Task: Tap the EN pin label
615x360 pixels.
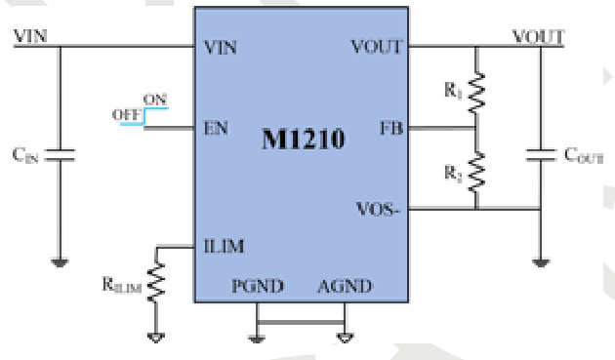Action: tap(215, 128)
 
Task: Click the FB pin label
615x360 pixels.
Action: tap(389, 128)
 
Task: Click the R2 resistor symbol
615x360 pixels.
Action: tap(476, 173)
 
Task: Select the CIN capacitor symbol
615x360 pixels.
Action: tap(61, 154)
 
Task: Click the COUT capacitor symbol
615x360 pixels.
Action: tap(540, 154)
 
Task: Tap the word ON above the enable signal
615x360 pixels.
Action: tap(154, 100)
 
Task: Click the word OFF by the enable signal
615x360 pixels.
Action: tap(125, 115)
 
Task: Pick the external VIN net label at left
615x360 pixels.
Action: tap(31, 36)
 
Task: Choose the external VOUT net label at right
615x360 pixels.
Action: tap(538, 36)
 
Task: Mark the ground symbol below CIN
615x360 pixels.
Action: tap(61, 262)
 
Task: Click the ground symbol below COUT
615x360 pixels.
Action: tap(540, 262)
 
